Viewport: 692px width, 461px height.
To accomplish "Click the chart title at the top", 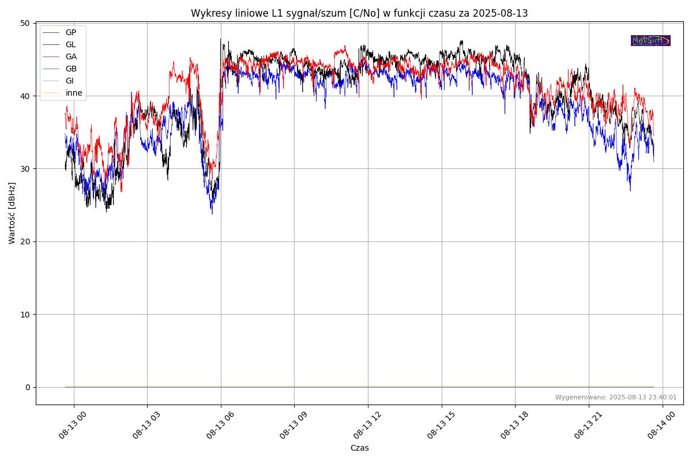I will (x=359, y=13).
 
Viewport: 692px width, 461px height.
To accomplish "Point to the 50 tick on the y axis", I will (x=25, y=23).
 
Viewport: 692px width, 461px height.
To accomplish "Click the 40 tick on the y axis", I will (x=25, y=96).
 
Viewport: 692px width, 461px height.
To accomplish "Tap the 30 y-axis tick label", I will (x=25, y=169).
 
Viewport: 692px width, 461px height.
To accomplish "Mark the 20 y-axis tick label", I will (x=25, y=241).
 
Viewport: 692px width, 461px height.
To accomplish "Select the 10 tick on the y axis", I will (x=25, y=315).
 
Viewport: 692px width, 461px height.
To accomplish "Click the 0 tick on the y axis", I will (x=27, y=387).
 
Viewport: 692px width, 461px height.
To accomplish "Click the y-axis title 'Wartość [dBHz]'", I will (x=12, y=213).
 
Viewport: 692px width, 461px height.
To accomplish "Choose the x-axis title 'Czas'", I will (x=359, y=448).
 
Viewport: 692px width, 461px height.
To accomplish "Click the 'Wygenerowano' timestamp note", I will (x=616, y=397).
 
